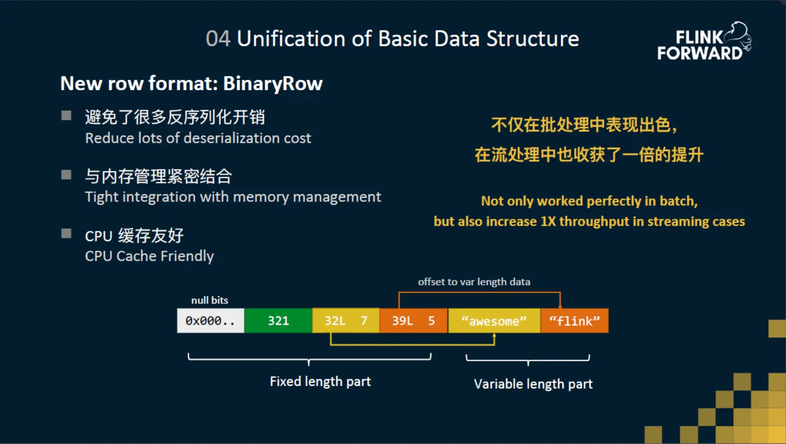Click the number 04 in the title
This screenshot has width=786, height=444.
[218, 39]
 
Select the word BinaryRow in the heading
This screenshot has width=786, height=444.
[273, 84]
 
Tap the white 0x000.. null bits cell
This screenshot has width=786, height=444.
[210, 321]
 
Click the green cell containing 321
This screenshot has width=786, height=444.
[278, 321]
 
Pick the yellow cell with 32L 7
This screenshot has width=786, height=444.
[346, 321]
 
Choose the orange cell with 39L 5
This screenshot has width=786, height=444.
[413, 321]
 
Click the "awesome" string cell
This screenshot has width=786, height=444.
[494, 321]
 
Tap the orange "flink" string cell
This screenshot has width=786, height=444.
[574, 321]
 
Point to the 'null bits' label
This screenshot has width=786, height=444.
[209, 300]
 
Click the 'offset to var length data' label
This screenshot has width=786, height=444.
[474, 282]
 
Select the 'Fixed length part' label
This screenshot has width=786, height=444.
[320, 381]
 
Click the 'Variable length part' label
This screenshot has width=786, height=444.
[533, 384]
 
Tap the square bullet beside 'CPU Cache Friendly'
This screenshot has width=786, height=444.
[66, 233]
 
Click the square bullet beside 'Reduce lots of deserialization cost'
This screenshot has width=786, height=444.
[66, 115]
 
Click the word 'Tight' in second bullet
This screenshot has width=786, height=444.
[100, 197]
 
